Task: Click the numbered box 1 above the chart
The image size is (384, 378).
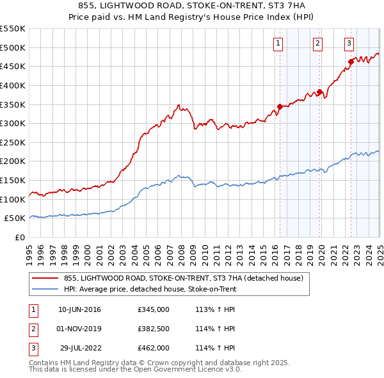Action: click(278, 44)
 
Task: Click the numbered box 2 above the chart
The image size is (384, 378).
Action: click(317, 44)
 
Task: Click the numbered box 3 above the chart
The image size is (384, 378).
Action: click(349, 44)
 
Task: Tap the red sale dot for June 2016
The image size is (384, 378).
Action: click(280, 106)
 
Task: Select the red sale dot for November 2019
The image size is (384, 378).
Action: click(319, 92)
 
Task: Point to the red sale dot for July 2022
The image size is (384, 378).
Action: click(351, 62)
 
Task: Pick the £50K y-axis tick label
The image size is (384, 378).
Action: click(15, 218)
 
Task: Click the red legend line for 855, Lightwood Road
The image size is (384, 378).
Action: click(44, 278)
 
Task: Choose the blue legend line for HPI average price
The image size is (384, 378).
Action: click(44, 289)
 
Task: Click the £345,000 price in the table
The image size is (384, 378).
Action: click(153, 310)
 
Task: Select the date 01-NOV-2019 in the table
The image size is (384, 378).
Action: click(79, 329)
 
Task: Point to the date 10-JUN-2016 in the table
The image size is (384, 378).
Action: click(79, 310)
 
